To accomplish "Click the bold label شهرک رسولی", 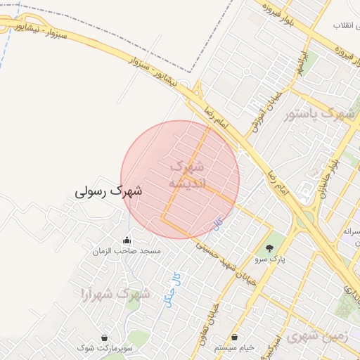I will pos(109,191).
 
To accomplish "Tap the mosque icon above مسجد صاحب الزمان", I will pos(127,240).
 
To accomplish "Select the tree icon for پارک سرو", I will pos(269,247).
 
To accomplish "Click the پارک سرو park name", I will pos(270,259).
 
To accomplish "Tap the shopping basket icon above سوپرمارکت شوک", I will pos(105,338).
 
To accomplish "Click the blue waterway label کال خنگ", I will pos(169,289).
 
